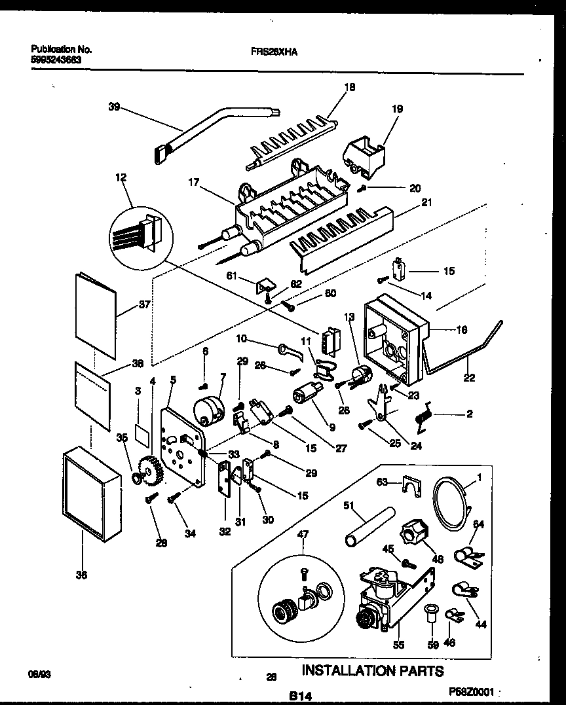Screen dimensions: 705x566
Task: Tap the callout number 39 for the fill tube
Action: [114, 107]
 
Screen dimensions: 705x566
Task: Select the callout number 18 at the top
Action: [349, 87]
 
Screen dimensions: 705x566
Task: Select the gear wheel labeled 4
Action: [153, 471]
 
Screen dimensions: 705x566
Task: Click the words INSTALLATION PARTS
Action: [372, 671]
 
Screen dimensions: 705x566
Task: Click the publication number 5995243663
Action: [60, 59]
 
